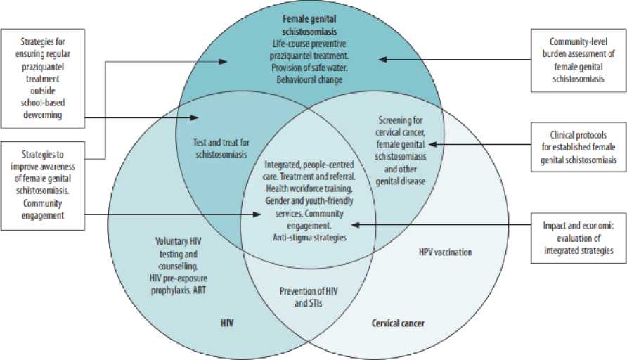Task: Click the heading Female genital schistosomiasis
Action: [x=310, y=25]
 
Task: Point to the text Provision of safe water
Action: [x=309, y=67]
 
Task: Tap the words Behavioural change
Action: [x=309, y=79]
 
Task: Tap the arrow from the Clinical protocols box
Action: [x=478, y=144]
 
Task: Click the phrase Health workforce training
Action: [x=309, y=189]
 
